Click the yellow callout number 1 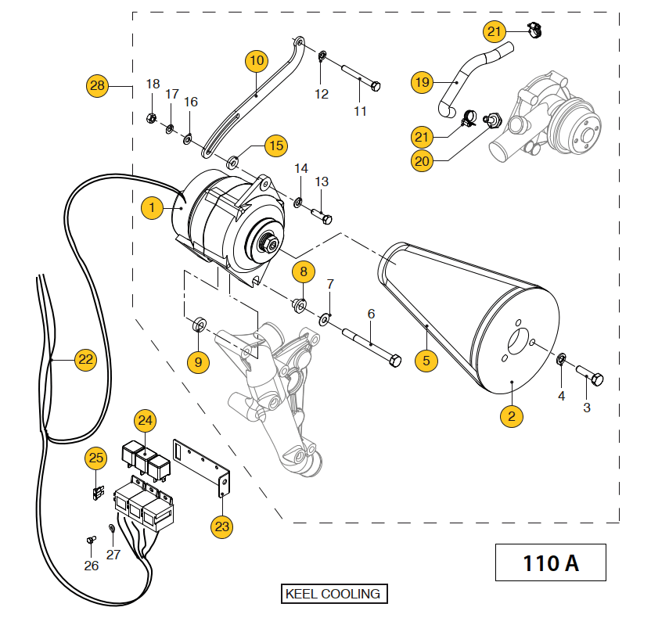(153, 207)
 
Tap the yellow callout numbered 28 (97, 86)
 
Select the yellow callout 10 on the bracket (257, 59)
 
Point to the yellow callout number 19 (423, 81)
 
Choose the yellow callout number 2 (511, 416)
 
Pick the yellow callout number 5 (426, 361)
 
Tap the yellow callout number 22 (85, 360)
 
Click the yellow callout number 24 (145, 420)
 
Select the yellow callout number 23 (222, 526)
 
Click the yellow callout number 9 (198, 361)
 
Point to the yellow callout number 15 (275, 146)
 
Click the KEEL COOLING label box (334, 594)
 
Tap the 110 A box (551, 562)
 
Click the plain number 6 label (371, 314)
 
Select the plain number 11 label (360, 111)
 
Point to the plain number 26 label (92, 565)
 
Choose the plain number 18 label (153, 84)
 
